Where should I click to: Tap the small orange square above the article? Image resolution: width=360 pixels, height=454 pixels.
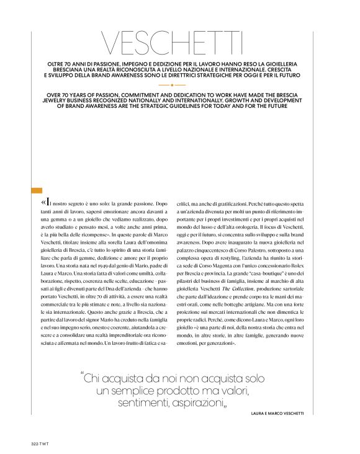[x=36, y=191]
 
